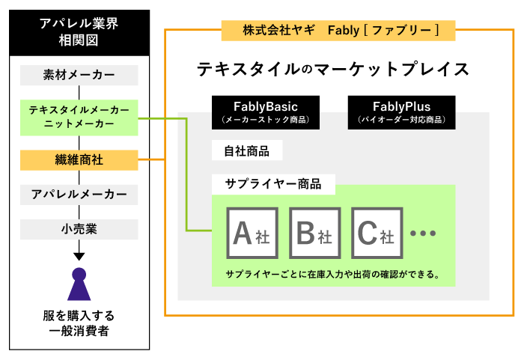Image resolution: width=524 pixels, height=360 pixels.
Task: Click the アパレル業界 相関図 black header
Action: (x=79, y=32)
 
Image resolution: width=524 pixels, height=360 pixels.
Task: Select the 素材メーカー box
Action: (x=79, y=75)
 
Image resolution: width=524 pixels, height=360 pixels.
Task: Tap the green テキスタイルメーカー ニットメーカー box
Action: (x=79, y=118)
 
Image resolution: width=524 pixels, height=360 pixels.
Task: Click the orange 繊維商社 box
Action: (x=79, y=159)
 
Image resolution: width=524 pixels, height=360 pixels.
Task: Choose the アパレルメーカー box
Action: (x=79, y=195)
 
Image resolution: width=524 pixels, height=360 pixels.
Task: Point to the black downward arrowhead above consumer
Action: (x=79, y=257)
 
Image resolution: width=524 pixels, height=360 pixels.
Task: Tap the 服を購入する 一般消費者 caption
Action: (x=79, y=323)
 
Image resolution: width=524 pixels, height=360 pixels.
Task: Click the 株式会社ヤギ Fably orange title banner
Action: (x=339, y=31)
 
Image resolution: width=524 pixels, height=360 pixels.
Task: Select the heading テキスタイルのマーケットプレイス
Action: (x=333, y=70)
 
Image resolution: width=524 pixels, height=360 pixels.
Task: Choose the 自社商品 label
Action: (x=246, y=150)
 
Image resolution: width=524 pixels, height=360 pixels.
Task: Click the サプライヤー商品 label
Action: (x=273, y=183)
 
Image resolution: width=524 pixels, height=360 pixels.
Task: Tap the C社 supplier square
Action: (x=377, y=234)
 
